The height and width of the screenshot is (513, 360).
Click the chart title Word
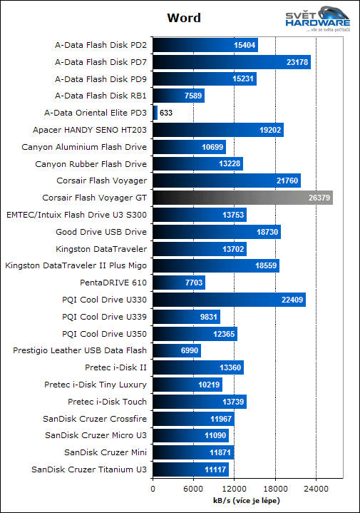point(183,17)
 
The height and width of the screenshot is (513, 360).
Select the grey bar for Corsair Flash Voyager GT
point(242,198)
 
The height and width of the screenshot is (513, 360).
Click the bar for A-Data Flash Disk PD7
point(231,62)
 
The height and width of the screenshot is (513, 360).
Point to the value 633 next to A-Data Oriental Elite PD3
point(166,113)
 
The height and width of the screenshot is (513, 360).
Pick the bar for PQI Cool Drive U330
point(229,299)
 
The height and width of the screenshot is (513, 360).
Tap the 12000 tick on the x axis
point(235,489)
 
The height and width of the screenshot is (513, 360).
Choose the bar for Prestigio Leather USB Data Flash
point(177,350)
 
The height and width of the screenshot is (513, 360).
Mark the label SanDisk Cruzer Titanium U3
point(89,469)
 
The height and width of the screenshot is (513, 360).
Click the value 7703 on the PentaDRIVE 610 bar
point(195,283)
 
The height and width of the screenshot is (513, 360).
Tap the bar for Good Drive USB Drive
point(217,232)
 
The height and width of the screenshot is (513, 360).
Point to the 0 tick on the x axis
point(153,489)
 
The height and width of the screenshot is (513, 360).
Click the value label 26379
point(318,198)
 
